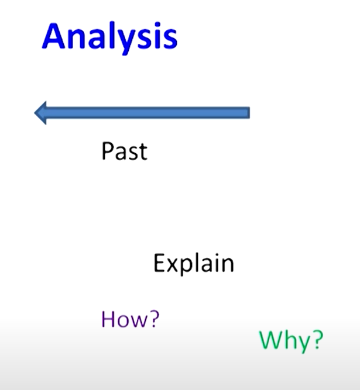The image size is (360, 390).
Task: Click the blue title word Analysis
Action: [109, 36]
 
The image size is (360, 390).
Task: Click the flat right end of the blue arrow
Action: [248, 112]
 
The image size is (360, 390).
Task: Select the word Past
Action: [124, 151]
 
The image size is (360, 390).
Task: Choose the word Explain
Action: [194, 264]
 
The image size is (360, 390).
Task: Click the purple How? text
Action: [131, 319]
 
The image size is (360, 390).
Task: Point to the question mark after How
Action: [154, 319]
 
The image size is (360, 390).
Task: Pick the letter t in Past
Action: [142, 152]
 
